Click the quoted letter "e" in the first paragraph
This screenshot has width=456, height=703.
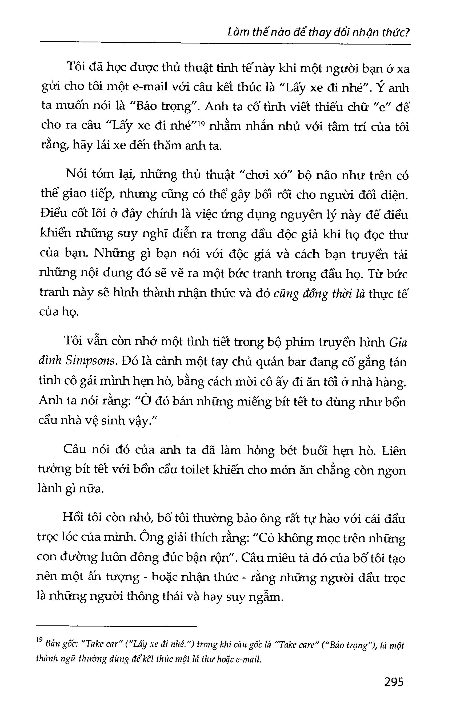click(x=380, y=108)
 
